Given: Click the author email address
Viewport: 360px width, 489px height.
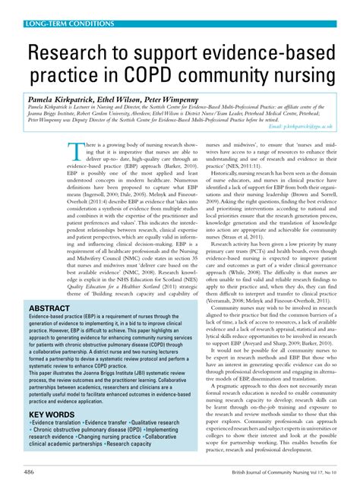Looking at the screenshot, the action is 304,126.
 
